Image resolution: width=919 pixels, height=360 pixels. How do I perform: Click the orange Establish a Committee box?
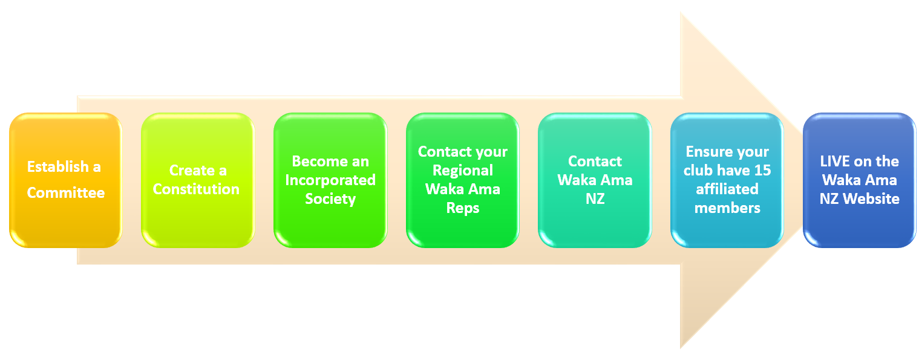pos(65,180)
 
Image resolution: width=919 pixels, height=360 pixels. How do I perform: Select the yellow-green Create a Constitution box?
pos(198,180)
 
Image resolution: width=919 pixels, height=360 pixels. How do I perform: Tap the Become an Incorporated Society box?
pos(330,180)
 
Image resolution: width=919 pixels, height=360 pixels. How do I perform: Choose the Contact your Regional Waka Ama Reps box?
pos(462,180)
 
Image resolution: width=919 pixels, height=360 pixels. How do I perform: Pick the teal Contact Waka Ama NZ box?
pos(595,180)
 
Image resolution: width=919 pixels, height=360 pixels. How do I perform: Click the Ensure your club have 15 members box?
pos(727,180)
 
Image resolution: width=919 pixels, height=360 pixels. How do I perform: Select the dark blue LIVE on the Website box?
pos(860,180)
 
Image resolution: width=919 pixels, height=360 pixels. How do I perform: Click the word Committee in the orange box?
pos(65,192)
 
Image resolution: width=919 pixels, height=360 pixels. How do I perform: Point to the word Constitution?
pos(196,189)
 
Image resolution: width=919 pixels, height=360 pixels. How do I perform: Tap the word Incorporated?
pos(330,180)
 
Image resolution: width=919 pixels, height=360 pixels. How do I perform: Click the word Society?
pos(330,199)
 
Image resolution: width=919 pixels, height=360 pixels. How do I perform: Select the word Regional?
pos(463,171)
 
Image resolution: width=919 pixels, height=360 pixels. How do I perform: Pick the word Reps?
pos(463,208)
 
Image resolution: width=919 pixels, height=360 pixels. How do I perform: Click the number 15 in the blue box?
pos(762,171)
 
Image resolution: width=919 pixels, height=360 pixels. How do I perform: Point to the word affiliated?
pos(727,189)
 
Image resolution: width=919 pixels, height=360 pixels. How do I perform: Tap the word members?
pos(727,208)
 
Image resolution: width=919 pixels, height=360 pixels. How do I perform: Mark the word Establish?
pos(58,166)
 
